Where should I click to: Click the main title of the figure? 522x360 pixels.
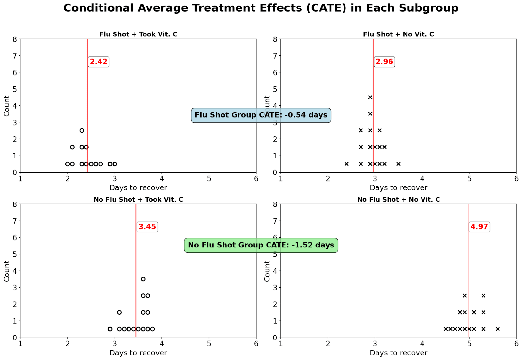coord(261,8)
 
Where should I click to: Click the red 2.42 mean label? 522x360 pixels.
coord(99,62)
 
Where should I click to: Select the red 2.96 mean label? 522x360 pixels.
coord(384,62)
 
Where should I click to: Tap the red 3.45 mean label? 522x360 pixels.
coord(147,227)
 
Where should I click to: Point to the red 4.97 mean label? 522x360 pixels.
coord(479,227)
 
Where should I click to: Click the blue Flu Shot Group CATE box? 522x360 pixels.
coord(261,115)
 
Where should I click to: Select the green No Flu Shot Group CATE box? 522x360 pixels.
coord(261,245)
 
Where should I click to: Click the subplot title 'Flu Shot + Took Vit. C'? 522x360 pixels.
coord(138,34)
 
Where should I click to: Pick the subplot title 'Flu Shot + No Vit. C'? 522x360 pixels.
coord(398,34)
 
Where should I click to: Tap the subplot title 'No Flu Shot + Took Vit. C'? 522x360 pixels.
coord(138,199)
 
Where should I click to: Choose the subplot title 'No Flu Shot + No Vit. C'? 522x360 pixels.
coord(398,199)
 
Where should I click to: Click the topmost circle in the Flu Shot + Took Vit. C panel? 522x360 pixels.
coord(82,130)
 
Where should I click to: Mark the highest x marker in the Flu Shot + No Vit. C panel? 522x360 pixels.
coord(370,97)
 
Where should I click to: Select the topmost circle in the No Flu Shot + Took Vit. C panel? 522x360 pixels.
coord(143,279)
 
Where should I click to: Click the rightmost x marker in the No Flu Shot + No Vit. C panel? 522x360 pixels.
coord(498,329)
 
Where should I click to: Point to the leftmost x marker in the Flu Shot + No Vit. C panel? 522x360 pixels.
coord(346,164)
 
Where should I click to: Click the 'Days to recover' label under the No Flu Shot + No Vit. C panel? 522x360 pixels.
coord(398,353)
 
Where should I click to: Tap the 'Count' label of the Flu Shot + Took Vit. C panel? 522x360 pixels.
coord(7,106)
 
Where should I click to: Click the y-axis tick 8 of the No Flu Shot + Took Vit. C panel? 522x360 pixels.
coord(15,204)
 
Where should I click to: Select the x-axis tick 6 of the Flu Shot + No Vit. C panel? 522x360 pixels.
coord(516,179)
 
